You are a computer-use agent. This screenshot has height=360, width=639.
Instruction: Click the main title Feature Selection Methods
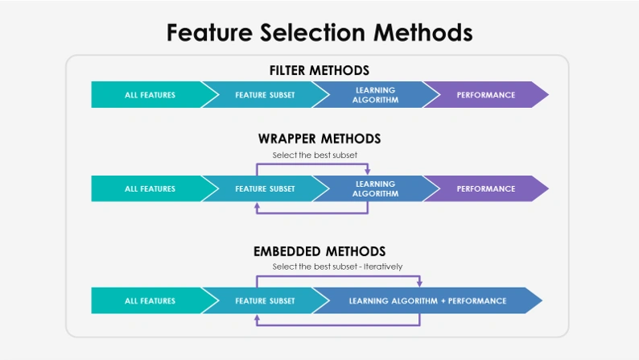click(319, 32)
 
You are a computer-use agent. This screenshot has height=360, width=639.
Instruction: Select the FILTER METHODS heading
click(319, 71)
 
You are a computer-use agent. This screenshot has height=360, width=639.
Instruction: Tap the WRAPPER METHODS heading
click(319, 139)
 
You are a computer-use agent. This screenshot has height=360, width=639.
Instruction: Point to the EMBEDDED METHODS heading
click(319, 251)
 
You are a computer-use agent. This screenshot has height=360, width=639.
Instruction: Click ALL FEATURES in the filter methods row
click(150, 95)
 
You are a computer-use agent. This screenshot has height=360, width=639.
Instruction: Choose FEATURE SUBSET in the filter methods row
click(265, 95)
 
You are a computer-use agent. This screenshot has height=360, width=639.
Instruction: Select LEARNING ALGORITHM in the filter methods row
click(375, 95)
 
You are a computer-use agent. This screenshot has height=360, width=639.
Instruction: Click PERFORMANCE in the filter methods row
click(485, 95)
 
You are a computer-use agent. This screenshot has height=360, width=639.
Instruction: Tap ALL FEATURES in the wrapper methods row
click(150, 188)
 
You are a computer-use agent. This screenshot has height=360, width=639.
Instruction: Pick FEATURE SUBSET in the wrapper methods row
click(265, 188)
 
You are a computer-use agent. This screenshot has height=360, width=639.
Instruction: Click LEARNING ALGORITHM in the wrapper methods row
click(375, 188)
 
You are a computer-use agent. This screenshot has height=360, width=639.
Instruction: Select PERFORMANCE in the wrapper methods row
click(485, 188)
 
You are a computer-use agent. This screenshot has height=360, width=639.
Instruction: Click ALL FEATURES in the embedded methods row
click(150, 300)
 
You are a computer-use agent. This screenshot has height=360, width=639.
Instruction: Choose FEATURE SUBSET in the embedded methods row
click(265, 300)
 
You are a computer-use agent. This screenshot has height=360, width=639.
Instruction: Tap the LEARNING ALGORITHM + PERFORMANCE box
click(427, 300)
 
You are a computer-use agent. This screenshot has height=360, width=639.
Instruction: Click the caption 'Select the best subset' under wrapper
click(315, 155)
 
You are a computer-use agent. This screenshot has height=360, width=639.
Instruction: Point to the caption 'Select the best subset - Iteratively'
click(337, 267)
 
